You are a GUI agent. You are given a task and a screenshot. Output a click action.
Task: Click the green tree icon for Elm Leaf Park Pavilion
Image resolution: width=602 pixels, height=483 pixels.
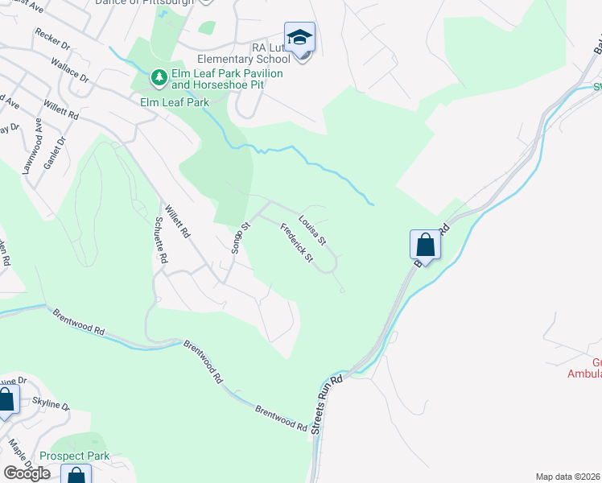coord(159,77)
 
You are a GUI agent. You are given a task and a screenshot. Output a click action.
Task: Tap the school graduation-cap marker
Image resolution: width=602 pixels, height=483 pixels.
coord(299,38)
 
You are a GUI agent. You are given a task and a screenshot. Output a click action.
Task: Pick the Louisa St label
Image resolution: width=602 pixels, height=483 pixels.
coord(311,230)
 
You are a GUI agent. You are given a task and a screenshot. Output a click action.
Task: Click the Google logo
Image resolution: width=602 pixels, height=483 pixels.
coord(26,473)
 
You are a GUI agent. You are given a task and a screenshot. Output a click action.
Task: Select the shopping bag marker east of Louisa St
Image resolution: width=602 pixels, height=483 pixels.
coord(425,244)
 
